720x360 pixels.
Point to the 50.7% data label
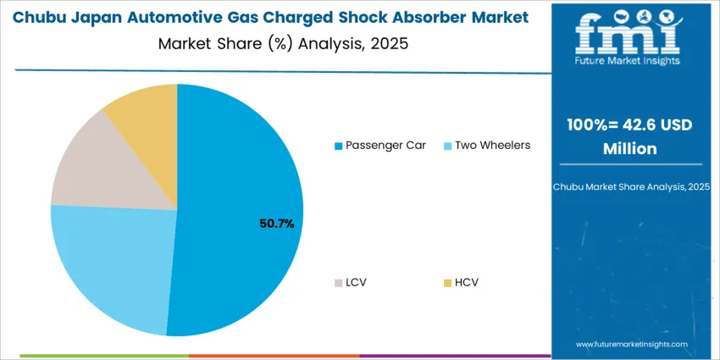pyautogui.click(x=276, y=224)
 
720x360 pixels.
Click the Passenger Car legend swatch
pyautogui.click(x=339, y=146)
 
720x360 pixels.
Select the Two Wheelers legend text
pyautogui.click(x=492, y=145)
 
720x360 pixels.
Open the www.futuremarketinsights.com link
pyautogui.click(x=632, y=345)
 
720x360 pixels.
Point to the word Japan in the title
pyautogui.click(x=110, y=17)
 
